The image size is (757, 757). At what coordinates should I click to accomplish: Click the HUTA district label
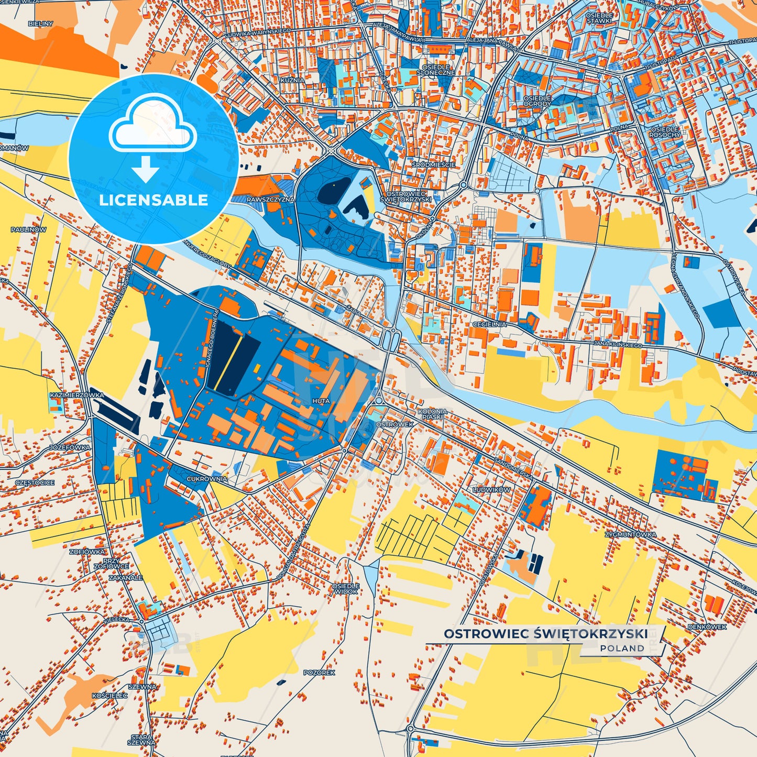(321, 401)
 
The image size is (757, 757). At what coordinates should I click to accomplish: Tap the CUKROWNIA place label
(207, 479)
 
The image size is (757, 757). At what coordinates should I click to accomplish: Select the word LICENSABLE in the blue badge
(153, 200)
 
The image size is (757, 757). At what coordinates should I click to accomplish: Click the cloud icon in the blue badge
(152, 125)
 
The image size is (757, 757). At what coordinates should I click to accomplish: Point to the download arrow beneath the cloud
(145, 169)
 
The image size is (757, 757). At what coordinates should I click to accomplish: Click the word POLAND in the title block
(622, 648)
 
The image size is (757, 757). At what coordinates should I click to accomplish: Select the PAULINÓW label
(28, 229)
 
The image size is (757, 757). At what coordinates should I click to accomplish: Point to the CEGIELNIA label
(489, 324)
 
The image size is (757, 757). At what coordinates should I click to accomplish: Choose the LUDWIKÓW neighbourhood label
(491, 489)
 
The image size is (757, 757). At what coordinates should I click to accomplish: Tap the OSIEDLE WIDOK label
(346, 588)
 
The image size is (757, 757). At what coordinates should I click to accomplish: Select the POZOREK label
(319, 672)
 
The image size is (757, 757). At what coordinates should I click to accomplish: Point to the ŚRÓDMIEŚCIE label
(433, 164)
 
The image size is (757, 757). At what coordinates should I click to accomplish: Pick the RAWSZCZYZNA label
(270, 199)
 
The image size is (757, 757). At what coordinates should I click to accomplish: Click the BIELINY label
(41, 24)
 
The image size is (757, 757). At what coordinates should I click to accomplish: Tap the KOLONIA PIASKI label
(433, 414)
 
